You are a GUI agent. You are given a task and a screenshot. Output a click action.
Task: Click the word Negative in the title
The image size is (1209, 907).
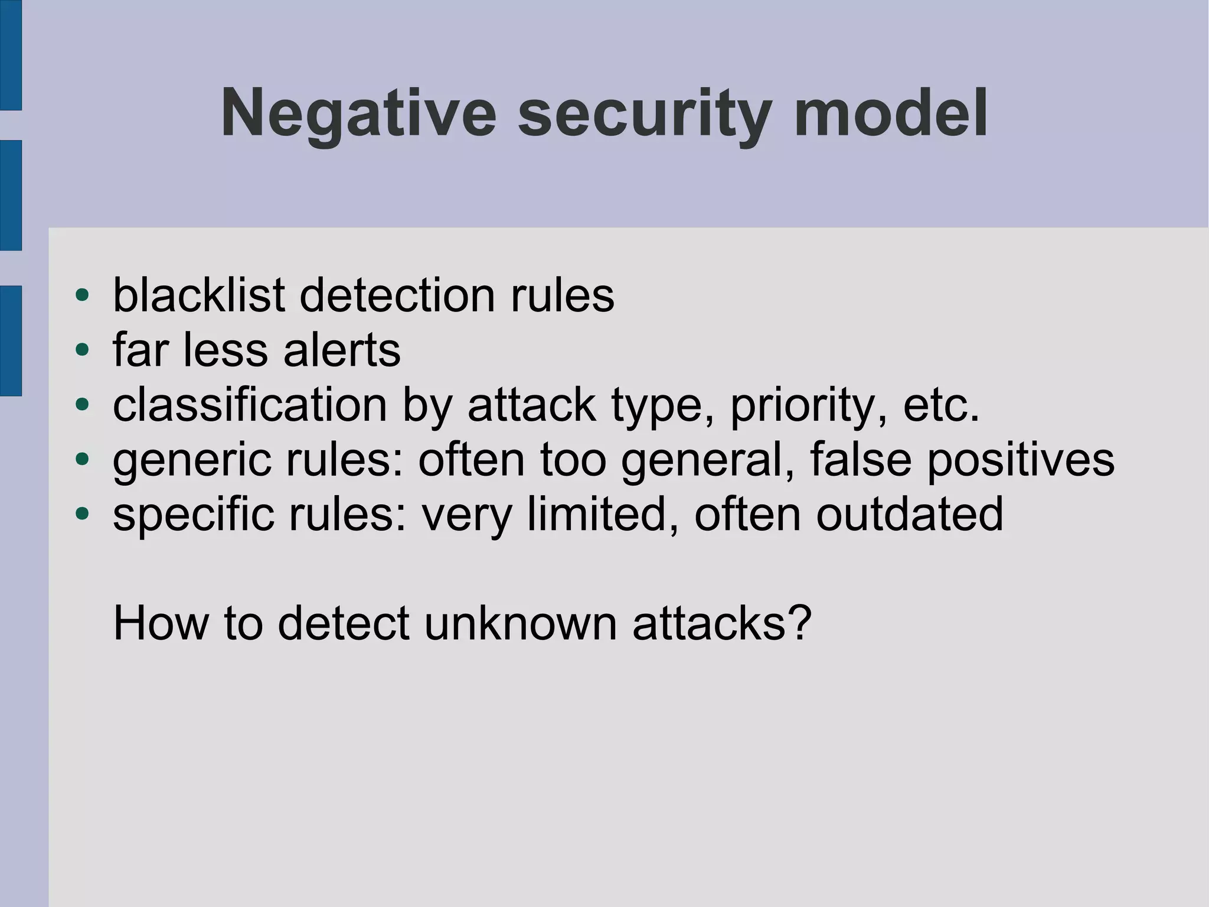coord(358,113)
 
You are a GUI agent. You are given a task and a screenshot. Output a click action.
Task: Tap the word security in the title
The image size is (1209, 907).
coord(645,113)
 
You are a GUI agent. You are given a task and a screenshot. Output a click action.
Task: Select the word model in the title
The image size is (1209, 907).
coord(891,113)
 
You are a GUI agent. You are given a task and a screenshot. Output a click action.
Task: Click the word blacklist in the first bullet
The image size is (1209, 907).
coord(199,295)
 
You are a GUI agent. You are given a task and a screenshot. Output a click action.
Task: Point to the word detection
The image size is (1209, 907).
coord(397,295)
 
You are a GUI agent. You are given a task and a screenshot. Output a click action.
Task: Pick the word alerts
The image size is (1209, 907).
coord(342,350)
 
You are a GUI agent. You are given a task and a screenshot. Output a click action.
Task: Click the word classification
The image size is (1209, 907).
coord(250,405)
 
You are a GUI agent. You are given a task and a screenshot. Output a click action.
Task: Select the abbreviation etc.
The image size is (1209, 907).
coord(941,405)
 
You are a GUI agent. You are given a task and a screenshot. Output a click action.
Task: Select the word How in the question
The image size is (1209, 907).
coord(161,623)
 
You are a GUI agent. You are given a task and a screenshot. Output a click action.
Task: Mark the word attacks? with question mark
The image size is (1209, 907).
coord(721,623)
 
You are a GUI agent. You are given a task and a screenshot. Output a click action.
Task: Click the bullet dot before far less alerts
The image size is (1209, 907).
coord(82,350)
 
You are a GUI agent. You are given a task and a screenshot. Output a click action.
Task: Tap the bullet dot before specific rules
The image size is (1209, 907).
coord(82,514)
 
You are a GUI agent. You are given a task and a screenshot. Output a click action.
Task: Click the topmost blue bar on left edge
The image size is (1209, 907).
coord(11,54)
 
